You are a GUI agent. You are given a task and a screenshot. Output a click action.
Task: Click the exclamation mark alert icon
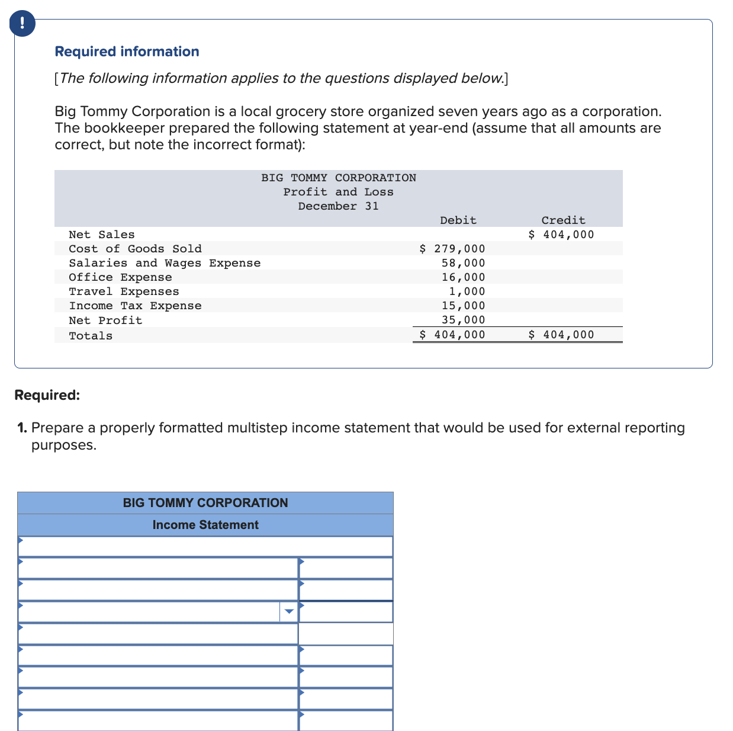pos(22,24)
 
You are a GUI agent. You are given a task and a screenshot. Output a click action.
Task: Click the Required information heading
pos(127,52)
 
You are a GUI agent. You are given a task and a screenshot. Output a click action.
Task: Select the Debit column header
pos(458,220)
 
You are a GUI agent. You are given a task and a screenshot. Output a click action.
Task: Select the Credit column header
pos(563,220)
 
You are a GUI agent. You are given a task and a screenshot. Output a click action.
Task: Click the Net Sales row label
pos(102,235)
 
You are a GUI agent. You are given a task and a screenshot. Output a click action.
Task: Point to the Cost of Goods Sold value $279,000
pos(452,249)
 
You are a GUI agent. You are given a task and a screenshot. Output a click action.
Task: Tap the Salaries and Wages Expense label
pos(165,263)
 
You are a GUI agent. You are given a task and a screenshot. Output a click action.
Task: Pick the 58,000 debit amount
pos(463,263)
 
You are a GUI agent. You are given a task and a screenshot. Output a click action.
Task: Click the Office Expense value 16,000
pos(463,277)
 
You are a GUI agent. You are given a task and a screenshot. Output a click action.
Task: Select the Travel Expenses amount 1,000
pos(467,291)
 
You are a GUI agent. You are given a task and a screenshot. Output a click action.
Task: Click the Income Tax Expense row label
pos(135,306)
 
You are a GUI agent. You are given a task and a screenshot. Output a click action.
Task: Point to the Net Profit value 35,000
pos(463,320)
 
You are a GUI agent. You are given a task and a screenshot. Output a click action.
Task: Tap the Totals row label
pos(91,336)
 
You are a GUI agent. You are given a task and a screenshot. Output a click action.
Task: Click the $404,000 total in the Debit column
pos(452,335)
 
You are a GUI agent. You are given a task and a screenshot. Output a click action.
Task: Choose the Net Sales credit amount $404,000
pos(561,235)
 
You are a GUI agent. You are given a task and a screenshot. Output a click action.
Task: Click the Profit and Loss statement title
pos(338,192)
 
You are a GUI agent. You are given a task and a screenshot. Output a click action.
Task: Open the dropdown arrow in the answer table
pos(288,612)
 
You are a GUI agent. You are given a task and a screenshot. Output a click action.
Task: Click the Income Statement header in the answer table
pos(205,525)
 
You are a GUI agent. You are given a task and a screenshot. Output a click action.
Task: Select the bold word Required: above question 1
pos(47,395)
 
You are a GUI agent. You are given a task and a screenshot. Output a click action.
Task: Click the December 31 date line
pos(338,206)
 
